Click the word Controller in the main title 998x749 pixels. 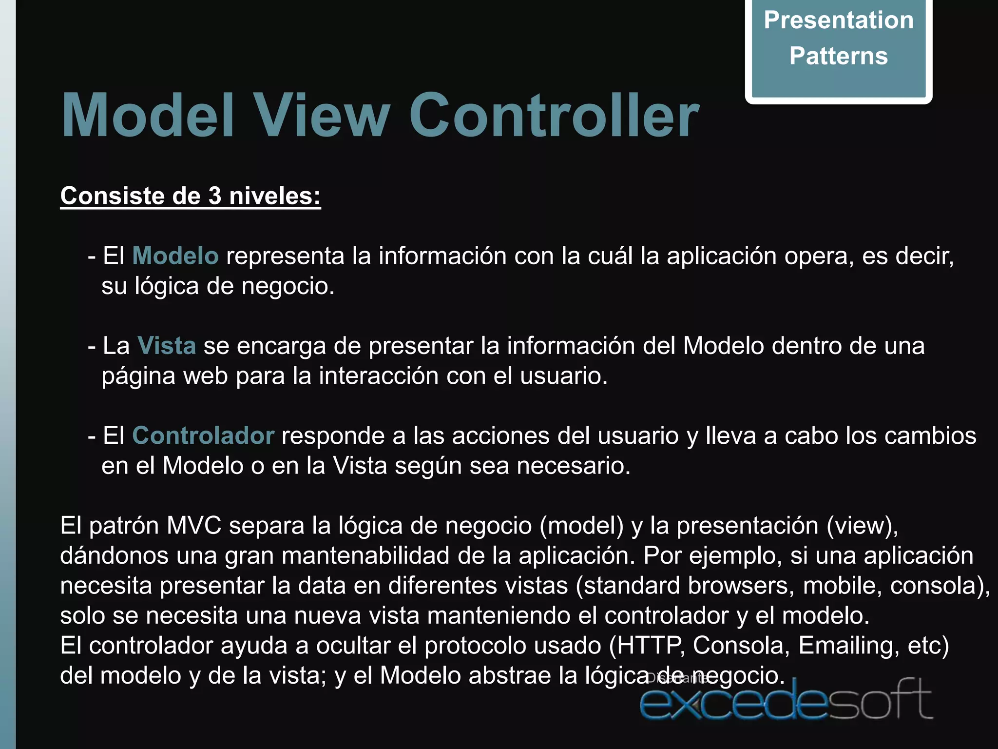(x=554, y=116)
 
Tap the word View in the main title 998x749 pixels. (x=323, y=116)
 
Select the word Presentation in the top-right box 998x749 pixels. (x=838, y=20)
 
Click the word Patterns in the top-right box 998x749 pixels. (x=838, y=56)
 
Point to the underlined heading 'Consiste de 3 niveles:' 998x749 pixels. (x=190, y=196)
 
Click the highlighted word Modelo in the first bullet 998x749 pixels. (x=175, y=256)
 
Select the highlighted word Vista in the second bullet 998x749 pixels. (x=167, y=346)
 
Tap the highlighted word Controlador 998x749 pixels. (x=203, y=435)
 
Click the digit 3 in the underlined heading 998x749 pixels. (x=215, y=196)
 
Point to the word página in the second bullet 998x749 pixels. (x=138, y=376)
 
